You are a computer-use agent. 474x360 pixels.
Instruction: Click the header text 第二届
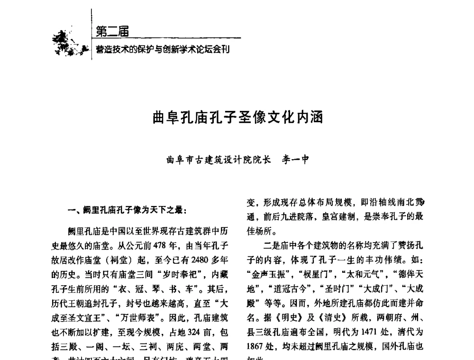112,32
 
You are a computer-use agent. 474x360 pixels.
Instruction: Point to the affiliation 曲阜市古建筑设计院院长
219,160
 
